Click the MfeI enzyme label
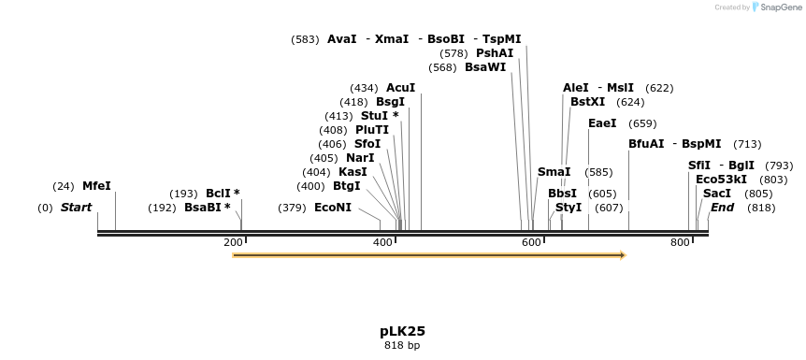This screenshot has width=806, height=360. [x=96, y=186]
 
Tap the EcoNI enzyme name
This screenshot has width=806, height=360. [x=333, y=208]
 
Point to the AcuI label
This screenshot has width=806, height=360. [x=400, y=88]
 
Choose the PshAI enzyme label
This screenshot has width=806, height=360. [x=495, y=53]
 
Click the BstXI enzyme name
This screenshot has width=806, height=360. [x=587, y=102]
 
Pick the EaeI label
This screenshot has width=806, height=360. [x=602, y=123]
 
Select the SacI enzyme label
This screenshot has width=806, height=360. [x=717, y=194]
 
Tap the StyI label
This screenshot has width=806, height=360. [x=569, y=208]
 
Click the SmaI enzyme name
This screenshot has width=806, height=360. [x=554, y=172]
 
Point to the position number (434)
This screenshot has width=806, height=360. [x=364, y=88]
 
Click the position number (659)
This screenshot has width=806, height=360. [x=642, y=123]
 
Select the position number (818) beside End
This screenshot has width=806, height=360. [x=761, y=208]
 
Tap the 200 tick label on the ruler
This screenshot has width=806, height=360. [x=233, y=243]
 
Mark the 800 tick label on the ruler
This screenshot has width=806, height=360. [x=680, y=243]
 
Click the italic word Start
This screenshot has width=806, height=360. [x=76, y=208]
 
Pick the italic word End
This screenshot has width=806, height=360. [x=722, y=208]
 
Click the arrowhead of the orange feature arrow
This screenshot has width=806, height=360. [x=621, y=254]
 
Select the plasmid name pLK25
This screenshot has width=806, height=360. [x=402, y=331]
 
